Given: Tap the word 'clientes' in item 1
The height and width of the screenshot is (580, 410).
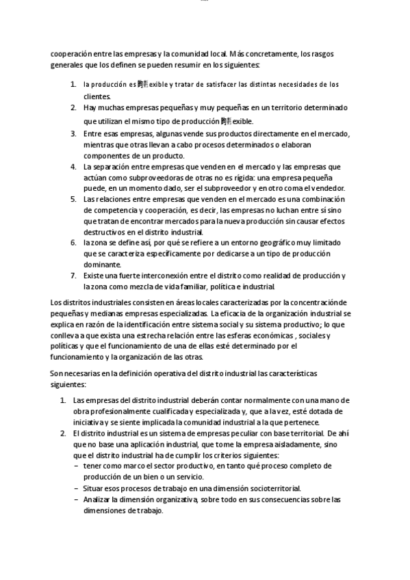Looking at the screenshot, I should [x=97, y=97].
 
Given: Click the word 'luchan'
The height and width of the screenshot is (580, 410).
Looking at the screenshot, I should [x=284, y=211].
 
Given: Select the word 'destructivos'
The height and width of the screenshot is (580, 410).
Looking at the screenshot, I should [x=105, y=233].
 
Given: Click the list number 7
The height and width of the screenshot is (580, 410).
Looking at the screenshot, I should [x=73, y=276].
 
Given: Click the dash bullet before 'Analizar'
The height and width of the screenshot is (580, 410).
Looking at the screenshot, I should [x=75, y=499].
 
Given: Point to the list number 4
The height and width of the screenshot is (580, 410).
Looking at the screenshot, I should [x=73, y=166].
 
